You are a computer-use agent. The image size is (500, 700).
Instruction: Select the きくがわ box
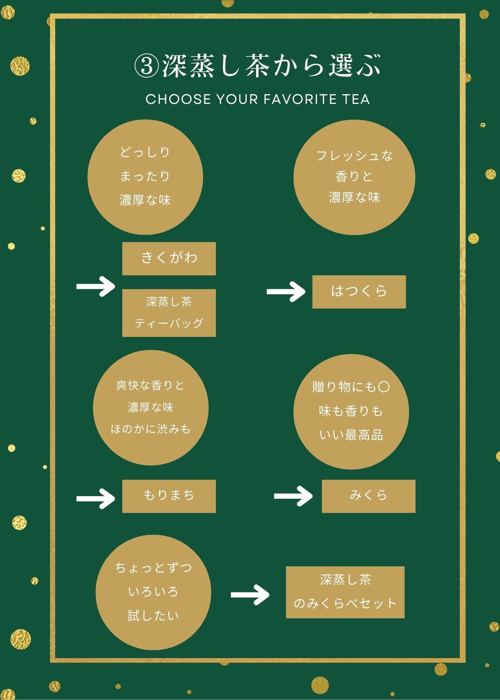coord(169,258)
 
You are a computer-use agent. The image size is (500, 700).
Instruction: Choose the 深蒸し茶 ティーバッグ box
coord(169,313)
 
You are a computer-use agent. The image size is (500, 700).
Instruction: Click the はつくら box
coord(359,292)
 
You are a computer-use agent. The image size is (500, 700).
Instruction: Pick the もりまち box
coord(169,496)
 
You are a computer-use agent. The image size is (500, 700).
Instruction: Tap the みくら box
coord(368,496)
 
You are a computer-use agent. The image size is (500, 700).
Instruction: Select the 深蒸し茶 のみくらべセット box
coord(345,592)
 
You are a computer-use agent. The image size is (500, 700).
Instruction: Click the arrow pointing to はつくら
coord(286,292)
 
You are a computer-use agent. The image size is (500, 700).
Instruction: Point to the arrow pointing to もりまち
coord(96,498)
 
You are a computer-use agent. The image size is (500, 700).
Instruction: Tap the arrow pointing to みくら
coord(293,496)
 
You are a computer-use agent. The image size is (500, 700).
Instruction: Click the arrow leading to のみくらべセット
coord(250,594)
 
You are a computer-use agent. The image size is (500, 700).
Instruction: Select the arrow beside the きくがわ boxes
coord(96,287)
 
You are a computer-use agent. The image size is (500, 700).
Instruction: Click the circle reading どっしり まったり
coord(145,177)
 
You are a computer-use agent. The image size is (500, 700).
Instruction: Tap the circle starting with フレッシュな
coord(354,177)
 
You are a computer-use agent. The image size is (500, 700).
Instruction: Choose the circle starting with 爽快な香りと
coord(151,407)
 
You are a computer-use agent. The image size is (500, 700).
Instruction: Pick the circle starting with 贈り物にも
coord(351,411)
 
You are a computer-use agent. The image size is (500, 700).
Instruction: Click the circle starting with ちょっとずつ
coord(153,592)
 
